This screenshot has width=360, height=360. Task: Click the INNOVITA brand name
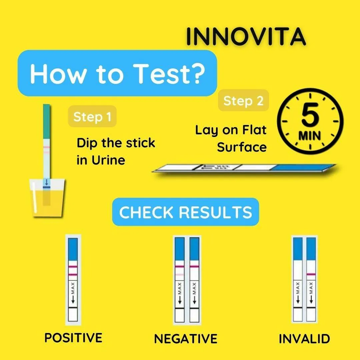pyautogui.click(x=246, y=37)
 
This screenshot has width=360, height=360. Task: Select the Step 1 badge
pyautogui.click(x=92, y=116)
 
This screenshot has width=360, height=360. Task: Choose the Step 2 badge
pyautogui.click(x=243, y=101)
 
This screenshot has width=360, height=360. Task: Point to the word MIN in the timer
pyautogui.click(x=309, y=136)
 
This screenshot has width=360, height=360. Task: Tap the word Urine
pyautogui.click(x=108, y=160)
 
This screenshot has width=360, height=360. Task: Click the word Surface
pyautogui.click(x=242, y=147)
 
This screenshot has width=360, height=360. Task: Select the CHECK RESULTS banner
pyautogui.click(x=186, y=212)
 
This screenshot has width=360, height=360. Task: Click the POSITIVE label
pyautogui.click(x=73, y=338)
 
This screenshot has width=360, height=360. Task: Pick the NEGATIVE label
pyautogui.click(x=186, y=339)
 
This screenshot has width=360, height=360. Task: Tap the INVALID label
pyautogui.click(x=304, y=339)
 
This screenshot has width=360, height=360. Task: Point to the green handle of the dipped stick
pyautogui.click(x=46, y=121)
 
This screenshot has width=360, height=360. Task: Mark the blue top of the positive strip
pyautogui.click(x=73, y=249)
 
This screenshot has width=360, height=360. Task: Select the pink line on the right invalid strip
pyautogui.click(x=311, y=274)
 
